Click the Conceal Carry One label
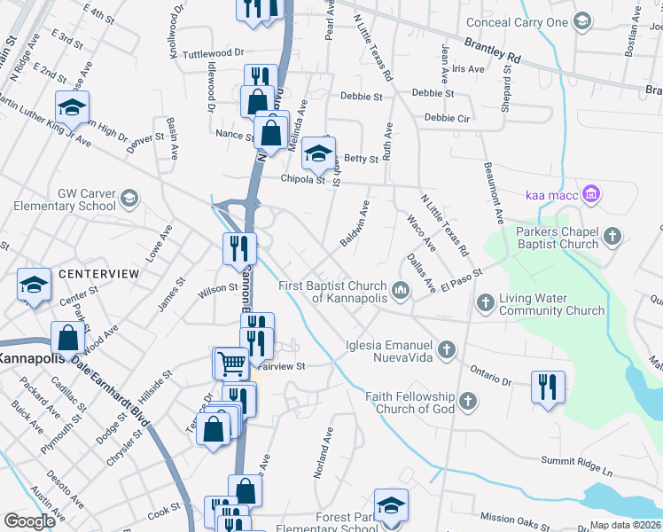coord(520,22)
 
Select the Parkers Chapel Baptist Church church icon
coord(612,237)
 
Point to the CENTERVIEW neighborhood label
coord(99,274)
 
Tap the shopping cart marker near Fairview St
coord(230,362)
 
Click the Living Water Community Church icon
coord(485,303)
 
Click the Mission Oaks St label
coord(515,517)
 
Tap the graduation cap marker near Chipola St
coord(318,153)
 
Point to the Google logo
coord(30,521)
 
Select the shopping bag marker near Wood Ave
coord(68,337)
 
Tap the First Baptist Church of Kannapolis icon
coord(401,289)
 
